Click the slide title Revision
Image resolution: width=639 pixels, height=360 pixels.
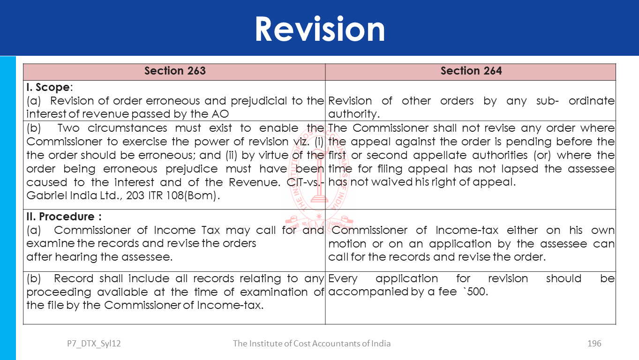pyautogui.click(x=320, y=29)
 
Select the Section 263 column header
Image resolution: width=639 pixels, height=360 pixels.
pyautogui.click(x=175, y=71)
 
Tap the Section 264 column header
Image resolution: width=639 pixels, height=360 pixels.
pyautogui.click(x=471, y=71)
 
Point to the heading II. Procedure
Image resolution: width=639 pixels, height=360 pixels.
pyautogui.click(x=64, y=217)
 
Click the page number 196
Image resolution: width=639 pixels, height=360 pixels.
pyautogui.click(x=594, y=344)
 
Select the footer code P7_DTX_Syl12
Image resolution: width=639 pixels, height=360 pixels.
pyautogui.click(x=94, y=344)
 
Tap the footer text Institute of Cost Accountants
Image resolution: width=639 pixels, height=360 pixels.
pyautogui.click(x=312, y=344)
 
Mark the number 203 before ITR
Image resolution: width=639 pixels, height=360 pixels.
pyautogui.click(x=135, y=195)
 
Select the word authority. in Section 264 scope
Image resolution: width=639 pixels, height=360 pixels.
pyautogui.click(x=353, y=114)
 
